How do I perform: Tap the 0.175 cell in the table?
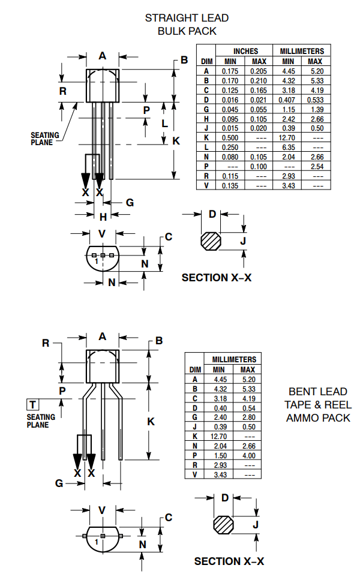click(x=230, y=71)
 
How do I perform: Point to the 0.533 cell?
click(x=315, y=100)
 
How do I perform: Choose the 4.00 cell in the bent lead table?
click(x=247, y=455)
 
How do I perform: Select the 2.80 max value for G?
click(x=247, y=417)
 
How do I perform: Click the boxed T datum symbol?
click(x=32, y=404)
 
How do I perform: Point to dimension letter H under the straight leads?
click(x=103, y=217)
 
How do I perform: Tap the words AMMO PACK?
click(x=317, y=417)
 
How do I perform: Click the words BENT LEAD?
click(x=317, y=391)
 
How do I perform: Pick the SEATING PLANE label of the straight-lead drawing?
click(x=45, y=139)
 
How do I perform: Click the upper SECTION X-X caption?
click(x=217, y=278)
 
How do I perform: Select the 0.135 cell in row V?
click(x=230, y=186)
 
